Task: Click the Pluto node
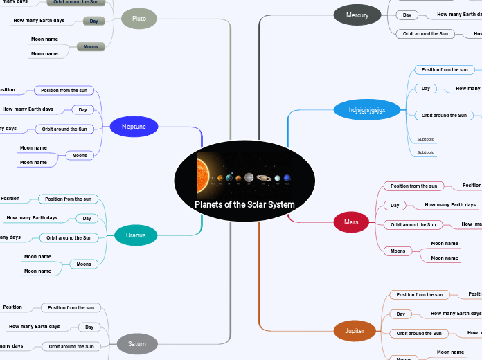pos(139,18)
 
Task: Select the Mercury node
pos(357,15)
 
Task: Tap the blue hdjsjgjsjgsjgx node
pos(366,110)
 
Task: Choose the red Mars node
pos(351,222)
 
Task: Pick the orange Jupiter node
pos(355,331)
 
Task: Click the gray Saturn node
pos(137,343)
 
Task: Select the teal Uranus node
pos(136,235)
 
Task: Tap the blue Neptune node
pos(134,127)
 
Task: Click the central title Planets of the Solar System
pos(244,204)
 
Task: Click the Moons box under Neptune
pos(80,155)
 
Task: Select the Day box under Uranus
pos(87,219)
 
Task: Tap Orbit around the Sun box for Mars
pos(413,224)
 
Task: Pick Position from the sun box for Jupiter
pos(419,295)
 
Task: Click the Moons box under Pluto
pos(91,46)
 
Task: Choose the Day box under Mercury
pos(407,15)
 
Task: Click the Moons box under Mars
pos(398,251)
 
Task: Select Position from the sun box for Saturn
pos(71,307)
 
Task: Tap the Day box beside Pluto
pos(93,21)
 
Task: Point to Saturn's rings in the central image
pos(264,177)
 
